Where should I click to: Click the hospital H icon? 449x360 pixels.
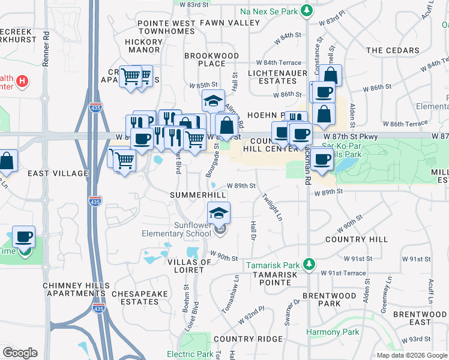(22, 80)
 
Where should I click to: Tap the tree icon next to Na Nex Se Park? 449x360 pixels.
(307, 10)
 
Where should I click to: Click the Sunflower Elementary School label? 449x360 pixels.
(176, 229)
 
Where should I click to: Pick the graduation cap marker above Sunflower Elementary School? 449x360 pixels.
(218, 212)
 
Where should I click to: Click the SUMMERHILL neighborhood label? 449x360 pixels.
(197, 196)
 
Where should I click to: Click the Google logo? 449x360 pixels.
(20, 353)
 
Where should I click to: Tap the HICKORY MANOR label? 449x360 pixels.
(143, 47)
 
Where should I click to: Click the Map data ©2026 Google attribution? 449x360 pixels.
(412, 355)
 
